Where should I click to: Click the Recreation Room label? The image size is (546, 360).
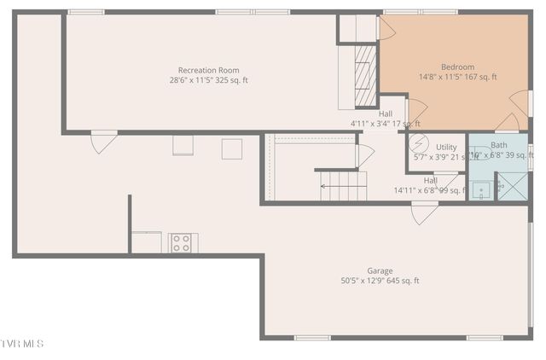click(x=208, y=70)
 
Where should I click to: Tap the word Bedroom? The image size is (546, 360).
click(x=457, y=67)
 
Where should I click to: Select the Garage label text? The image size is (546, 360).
click(x=380, y=270)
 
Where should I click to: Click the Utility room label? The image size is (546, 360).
click(x=446, y=148)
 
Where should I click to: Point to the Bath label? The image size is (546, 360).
click(x=498, y=145)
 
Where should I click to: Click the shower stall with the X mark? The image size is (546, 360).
click(x=512, y=187)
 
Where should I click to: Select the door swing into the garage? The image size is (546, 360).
click(x=425, y=212)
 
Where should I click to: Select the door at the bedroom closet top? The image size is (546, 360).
click(x=386, y=29)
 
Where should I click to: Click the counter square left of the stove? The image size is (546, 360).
click(x=146, y=242)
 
